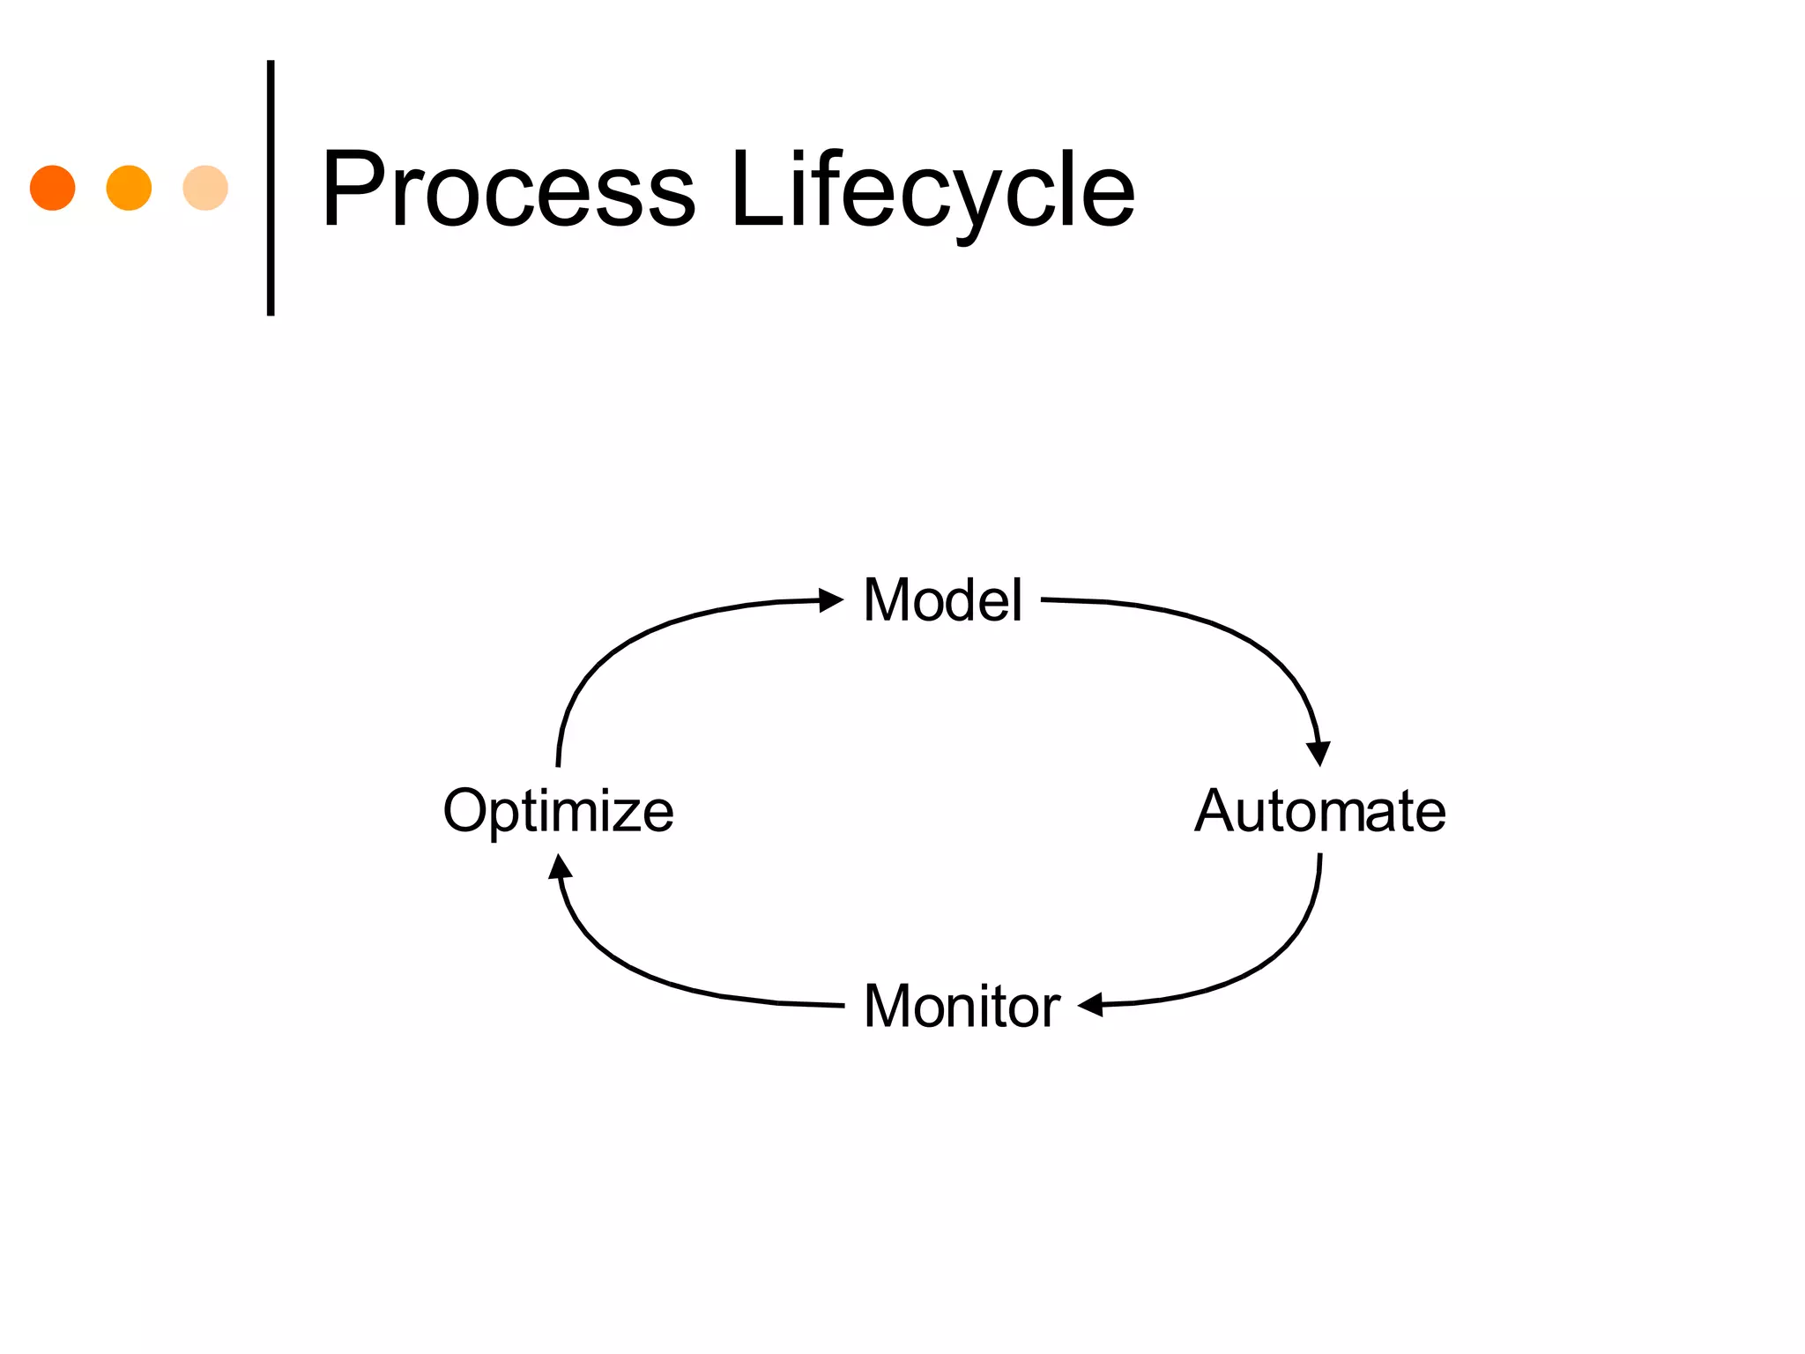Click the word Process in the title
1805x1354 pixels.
point(509,190)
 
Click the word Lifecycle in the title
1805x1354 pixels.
point(932,190)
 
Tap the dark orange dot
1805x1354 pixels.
point(53,188)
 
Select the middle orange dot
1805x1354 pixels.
point(129,188)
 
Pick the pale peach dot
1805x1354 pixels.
point(205,188)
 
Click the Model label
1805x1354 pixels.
point(942,600)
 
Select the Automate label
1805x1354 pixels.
point(1319,811)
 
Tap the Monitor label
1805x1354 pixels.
point(962,1006)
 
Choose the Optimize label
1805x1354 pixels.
point(558,811)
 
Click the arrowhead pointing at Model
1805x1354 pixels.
point(831,600)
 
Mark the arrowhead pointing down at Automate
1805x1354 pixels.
point(1318,753)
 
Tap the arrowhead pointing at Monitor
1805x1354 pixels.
point(1091,1004)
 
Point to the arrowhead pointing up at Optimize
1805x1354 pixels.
point(560,867)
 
